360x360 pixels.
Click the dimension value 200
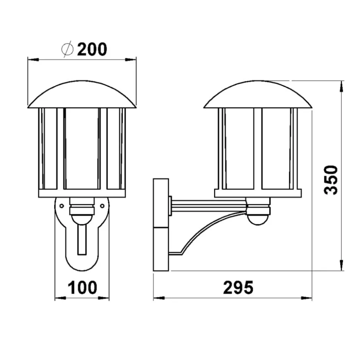click(x=92, y=49)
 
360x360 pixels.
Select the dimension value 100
click(x=82, y=287)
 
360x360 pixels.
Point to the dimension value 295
click(x=238, y=287)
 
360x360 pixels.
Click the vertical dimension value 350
click(x=330, y=180)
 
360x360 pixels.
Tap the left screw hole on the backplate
click(x=62, y=205)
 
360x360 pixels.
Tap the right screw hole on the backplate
click(x=102, y=205)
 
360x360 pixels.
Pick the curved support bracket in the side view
click(x=208, y=230)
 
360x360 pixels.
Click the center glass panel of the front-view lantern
click(x=82, y=148)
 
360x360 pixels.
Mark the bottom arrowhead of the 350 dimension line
click(x=341, y=266)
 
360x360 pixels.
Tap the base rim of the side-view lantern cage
click(x=258, y=193)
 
